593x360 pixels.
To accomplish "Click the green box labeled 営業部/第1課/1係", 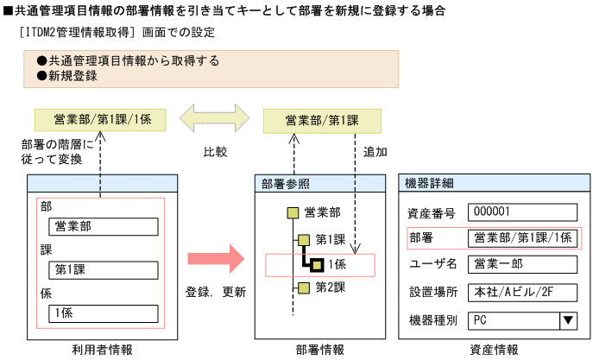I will coord(102,119).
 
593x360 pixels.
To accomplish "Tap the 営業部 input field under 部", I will coord(104,226).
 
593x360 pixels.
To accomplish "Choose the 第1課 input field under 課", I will coord(104,269).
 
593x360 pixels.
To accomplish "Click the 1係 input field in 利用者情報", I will coord(104,313).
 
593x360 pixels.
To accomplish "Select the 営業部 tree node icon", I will coord(293,212).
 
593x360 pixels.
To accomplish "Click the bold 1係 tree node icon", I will coord(317,264).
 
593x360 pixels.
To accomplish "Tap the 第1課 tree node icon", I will coord(303,239).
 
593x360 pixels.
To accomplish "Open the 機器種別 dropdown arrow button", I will coord(568,320).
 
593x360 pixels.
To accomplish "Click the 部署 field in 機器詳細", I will coord(522,238).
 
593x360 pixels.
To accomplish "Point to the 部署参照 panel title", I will coord(285,183).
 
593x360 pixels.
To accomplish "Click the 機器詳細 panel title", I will coord(430,183).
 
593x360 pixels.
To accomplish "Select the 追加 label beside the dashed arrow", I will coord(375,152).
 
